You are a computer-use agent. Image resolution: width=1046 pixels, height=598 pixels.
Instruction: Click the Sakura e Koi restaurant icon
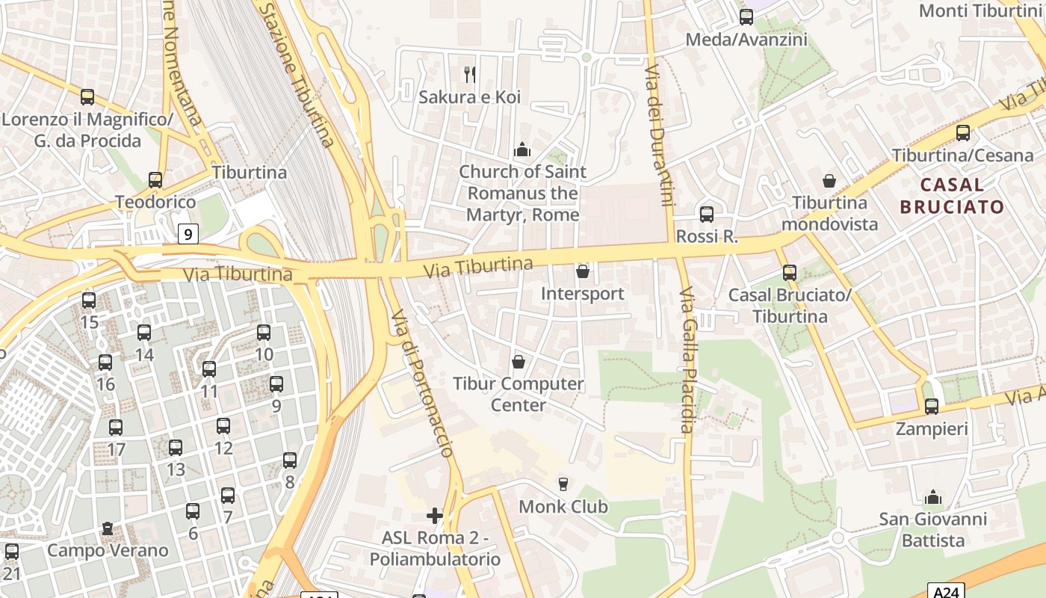coord(470,74)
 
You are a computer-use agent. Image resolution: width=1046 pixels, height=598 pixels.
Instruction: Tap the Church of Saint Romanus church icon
coord(522,149)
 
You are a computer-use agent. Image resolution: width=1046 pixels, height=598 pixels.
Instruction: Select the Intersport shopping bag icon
coord(583,271)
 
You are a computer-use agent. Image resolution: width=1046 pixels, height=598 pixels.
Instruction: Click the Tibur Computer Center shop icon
coord(519,362)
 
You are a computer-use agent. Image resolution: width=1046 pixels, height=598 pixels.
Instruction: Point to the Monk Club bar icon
coord(563,484)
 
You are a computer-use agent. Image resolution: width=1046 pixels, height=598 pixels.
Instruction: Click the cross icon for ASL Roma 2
coord(435,516)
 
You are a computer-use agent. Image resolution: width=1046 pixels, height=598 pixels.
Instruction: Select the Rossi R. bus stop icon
coord(707,215)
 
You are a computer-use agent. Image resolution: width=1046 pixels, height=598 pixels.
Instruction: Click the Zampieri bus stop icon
coord(931,407)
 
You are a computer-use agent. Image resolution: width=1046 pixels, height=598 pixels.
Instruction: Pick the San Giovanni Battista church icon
coord(932,497)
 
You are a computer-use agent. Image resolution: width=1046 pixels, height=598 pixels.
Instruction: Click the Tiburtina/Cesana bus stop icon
coord(963,133)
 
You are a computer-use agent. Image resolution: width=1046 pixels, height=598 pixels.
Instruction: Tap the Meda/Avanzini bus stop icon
coord(746,17)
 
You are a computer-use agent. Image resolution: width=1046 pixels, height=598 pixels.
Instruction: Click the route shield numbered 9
coord(188,234)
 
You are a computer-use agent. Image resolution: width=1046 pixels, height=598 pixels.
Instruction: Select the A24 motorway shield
coord(946,591)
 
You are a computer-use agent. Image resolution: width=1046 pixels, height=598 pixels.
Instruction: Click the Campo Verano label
coord(108,551)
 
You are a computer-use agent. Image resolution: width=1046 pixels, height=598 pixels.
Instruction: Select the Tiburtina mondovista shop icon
coord(829,181)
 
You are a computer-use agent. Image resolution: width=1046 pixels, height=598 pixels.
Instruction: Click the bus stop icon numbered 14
coord(144,333)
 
